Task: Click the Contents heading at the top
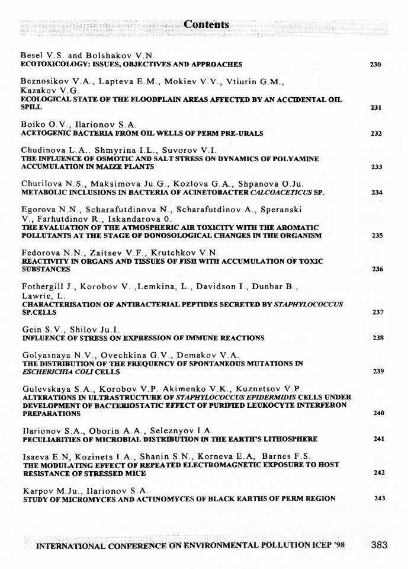tap(206, 25)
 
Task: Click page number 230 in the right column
tap(375, 64)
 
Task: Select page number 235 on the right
tap(375, 235)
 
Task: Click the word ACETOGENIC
tap(44, 133)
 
